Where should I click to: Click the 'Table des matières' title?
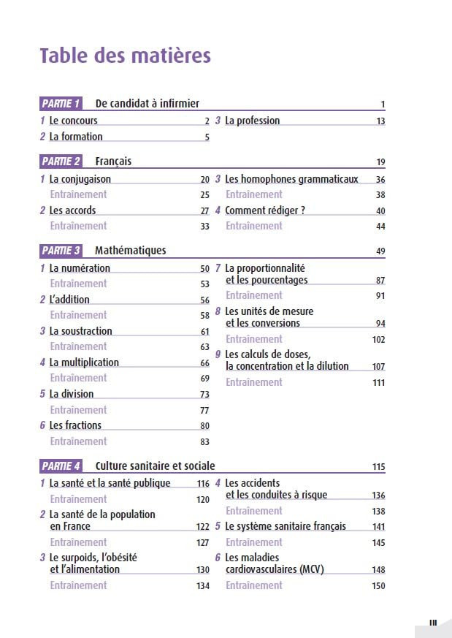[125, 56]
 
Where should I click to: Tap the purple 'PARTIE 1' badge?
[61, 104]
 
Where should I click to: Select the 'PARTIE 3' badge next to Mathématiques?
[61, 251]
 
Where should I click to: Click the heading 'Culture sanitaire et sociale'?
[155, 466]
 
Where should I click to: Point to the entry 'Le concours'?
[73, 121]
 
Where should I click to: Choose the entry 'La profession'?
[252, 121]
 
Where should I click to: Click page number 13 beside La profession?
[380, 121]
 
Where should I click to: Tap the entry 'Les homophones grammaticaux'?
[291, 179]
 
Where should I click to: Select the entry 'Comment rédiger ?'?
[265, 210]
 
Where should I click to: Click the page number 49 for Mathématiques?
[380, 251]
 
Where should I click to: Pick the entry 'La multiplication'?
[84, 362]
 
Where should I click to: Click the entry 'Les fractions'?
[75, 425]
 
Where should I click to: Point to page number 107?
[378, 367]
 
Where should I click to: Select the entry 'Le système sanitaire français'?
[286, 526]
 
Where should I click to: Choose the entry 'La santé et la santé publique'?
[110, 483]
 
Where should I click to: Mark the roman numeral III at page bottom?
[433, 623]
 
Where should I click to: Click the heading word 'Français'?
[113, 162]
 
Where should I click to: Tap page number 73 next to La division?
[204, 395]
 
